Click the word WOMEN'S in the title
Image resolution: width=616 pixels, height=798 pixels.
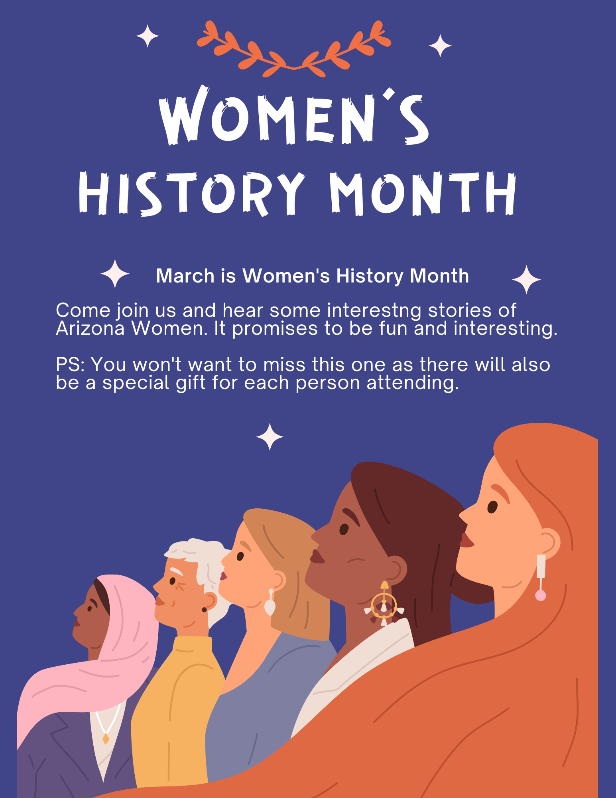294,116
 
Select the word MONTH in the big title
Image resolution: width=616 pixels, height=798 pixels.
423,194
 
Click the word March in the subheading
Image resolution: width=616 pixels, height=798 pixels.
185,276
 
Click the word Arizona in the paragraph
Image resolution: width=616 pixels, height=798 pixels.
90,328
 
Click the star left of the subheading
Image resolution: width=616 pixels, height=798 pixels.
115,274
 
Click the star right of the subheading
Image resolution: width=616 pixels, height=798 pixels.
526,279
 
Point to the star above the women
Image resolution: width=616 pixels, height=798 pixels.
270,437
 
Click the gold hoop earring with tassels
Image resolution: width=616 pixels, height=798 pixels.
384,604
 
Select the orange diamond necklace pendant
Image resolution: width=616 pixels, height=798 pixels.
106,739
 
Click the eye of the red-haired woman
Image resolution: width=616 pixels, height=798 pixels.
492,507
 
